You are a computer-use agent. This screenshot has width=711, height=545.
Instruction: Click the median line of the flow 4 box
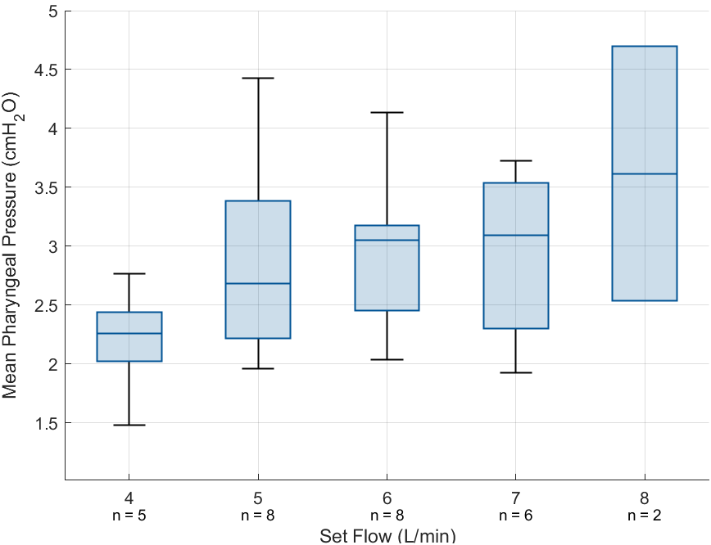(x=129, y=333)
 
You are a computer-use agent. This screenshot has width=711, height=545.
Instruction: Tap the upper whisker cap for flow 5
(x=258, y=78)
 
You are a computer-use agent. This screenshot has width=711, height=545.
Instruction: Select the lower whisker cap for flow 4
(x=129, y=425)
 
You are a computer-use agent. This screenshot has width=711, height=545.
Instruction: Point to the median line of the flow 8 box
(x=645, y=173)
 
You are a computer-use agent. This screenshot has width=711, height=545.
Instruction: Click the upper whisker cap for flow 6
(x=387, y=112)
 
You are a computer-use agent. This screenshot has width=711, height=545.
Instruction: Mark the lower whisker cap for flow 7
(x=516, y=372)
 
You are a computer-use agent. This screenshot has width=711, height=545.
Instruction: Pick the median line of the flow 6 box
(x=387, y=240)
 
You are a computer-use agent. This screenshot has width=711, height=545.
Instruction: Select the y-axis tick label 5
(x=53, y=11)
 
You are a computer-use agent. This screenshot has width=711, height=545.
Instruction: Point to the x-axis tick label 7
(x=515, y=498)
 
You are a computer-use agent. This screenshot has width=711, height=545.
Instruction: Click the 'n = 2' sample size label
(x=645, y=516)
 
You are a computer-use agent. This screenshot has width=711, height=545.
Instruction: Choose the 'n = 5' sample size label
(x=129, y=516)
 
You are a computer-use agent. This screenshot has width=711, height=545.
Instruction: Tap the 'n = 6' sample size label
(x=515, y=516)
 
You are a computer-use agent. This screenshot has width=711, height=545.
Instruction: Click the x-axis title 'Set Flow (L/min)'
(x=387, y=536)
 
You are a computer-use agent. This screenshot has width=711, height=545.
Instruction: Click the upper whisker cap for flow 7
(x=516, y=160)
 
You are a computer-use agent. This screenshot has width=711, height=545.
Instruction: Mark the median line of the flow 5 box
(x=258, y=283)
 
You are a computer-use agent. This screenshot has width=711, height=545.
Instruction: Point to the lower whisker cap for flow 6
(x=387, y=359)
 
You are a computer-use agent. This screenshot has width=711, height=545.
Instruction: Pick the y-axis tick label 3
(x=53, y=246)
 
